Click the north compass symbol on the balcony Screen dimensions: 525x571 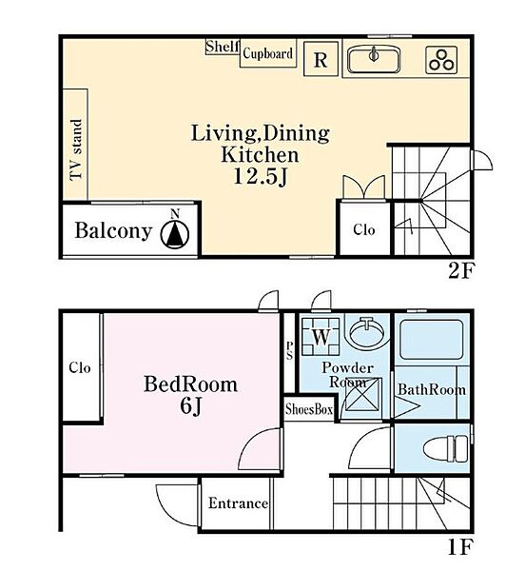point(175,231)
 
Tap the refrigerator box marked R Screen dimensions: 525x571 point(321,59)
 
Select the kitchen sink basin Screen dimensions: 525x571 point(374,60)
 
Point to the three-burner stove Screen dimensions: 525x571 point(441,60)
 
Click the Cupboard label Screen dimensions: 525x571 point(268,53)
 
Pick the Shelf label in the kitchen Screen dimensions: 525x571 point(223,47)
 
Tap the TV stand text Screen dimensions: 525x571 point(76,149)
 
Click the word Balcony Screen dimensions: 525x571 point(113,231)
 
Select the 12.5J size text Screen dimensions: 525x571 point(261,177)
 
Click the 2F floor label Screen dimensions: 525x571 point(461,270)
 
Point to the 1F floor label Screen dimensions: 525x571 point(460,547)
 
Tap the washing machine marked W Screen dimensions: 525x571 point(321,337)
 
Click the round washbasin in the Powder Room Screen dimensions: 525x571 point(367,331)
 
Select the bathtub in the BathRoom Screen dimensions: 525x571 point(432,340)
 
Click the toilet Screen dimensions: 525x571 point(446,449)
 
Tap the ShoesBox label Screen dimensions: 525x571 point(309,409)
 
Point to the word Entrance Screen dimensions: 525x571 point(239,503)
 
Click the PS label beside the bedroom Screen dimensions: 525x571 point(289,350)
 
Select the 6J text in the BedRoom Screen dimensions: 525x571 point(190,406)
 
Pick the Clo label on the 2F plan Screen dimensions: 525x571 point(364,229)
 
